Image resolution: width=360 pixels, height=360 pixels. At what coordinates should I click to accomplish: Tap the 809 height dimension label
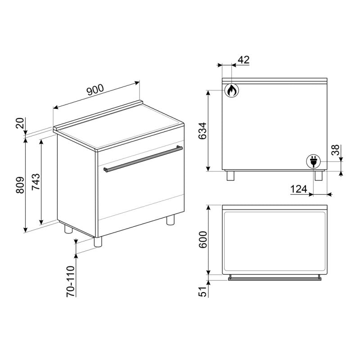(20, 185)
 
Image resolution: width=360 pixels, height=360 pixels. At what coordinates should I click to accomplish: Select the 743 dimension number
(36, 182)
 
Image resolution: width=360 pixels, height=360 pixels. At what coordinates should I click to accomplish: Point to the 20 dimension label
(20, 123)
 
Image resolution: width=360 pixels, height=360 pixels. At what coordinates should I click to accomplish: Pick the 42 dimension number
(243, 60)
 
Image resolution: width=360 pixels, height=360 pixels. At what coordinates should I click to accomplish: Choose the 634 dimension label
(202, 131)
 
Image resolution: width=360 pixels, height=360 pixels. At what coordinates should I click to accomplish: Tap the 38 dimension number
(335, 150)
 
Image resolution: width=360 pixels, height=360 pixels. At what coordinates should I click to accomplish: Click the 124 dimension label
(299, 189)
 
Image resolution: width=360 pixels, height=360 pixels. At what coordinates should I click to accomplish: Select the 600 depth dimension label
(203, 240)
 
